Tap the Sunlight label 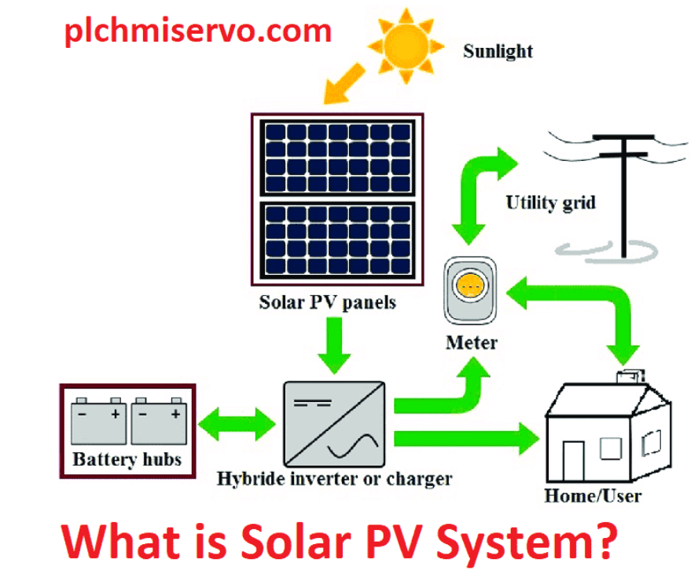pos(498,52)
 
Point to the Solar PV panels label pos(328,302)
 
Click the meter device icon pos(471,289)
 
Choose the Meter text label pos(471,342)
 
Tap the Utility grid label pos(550,203)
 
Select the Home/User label pos(593,496)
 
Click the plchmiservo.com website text pos(197,31)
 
